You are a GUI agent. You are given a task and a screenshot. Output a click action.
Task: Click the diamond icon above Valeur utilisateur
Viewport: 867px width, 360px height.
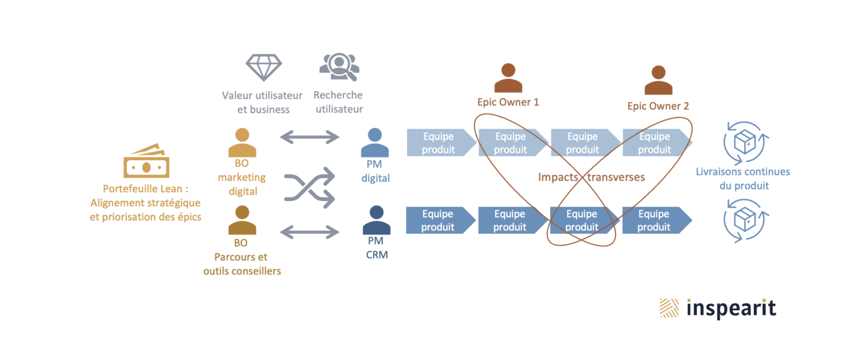tap(264, 68)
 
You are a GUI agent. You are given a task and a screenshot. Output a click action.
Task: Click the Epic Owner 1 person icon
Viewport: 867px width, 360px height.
tap(508, 78)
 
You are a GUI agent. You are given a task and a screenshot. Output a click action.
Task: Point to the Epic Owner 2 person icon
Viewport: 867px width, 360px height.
tap(658, 81)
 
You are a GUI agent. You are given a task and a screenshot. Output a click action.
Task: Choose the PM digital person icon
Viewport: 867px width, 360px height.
tap(375, 143)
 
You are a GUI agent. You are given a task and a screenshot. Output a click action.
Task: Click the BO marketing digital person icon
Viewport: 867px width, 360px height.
tap(242, 143)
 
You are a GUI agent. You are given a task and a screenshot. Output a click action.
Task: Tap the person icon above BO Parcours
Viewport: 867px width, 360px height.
tap(242, 221)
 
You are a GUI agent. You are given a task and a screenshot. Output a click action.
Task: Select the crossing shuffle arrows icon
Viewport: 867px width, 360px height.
tap(309, 187)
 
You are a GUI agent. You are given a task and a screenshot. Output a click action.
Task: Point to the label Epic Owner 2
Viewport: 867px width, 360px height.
tap(658, 106)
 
